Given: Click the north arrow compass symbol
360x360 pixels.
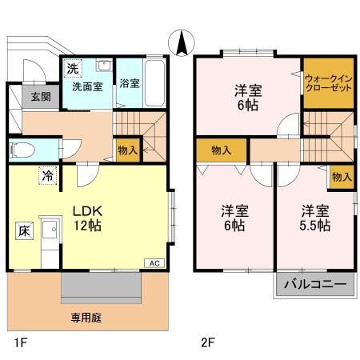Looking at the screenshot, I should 181,40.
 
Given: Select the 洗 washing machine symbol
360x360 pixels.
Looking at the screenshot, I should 72,66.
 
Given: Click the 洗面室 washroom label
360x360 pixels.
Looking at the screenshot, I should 86,85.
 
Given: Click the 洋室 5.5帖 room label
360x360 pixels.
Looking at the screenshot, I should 315,218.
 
